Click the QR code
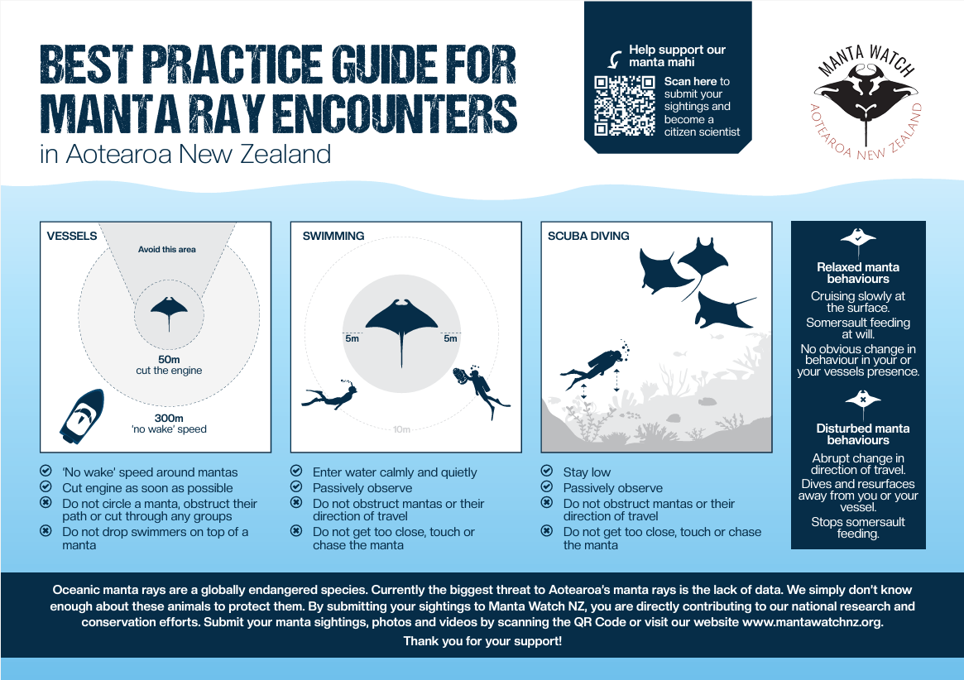click(x=624, y=106)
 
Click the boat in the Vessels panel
click(x=83, y=416)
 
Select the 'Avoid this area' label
click(x=166, y=250)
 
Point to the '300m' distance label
click(x=169, y=418)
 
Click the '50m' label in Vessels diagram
click(x=169, y=360)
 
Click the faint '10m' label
click(x=401, y=429)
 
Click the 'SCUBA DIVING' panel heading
click(x=588, y=236)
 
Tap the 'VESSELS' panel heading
click(x=72, y=236)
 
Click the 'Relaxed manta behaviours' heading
click(x=857, y=273)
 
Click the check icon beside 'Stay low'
click(x=547, y=471)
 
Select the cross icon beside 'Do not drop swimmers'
click(x=46, y=530)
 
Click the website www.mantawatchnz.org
click(x=812, y=621)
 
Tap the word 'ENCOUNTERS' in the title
click(x=395, y=114)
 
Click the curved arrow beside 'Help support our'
click(x=615, y=59)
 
